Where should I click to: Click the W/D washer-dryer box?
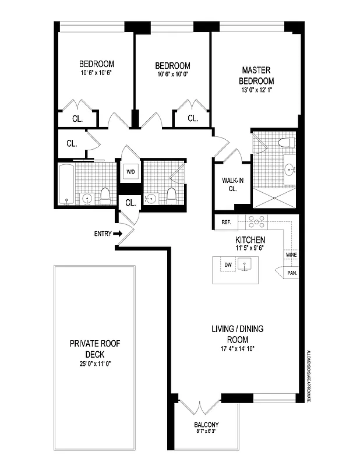point(129,172)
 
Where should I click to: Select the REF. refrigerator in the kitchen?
point(227,222)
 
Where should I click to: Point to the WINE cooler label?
point(291,255)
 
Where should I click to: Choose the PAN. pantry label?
point(292,272)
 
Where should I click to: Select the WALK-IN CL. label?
point(228,183)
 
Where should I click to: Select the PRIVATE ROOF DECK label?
point(94,348)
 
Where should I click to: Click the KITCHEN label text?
point(250,240)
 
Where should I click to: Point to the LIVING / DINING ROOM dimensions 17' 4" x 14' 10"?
point(237,349)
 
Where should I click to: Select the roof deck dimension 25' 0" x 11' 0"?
point(94,363)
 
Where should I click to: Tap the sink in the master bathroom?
point(290,170)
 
